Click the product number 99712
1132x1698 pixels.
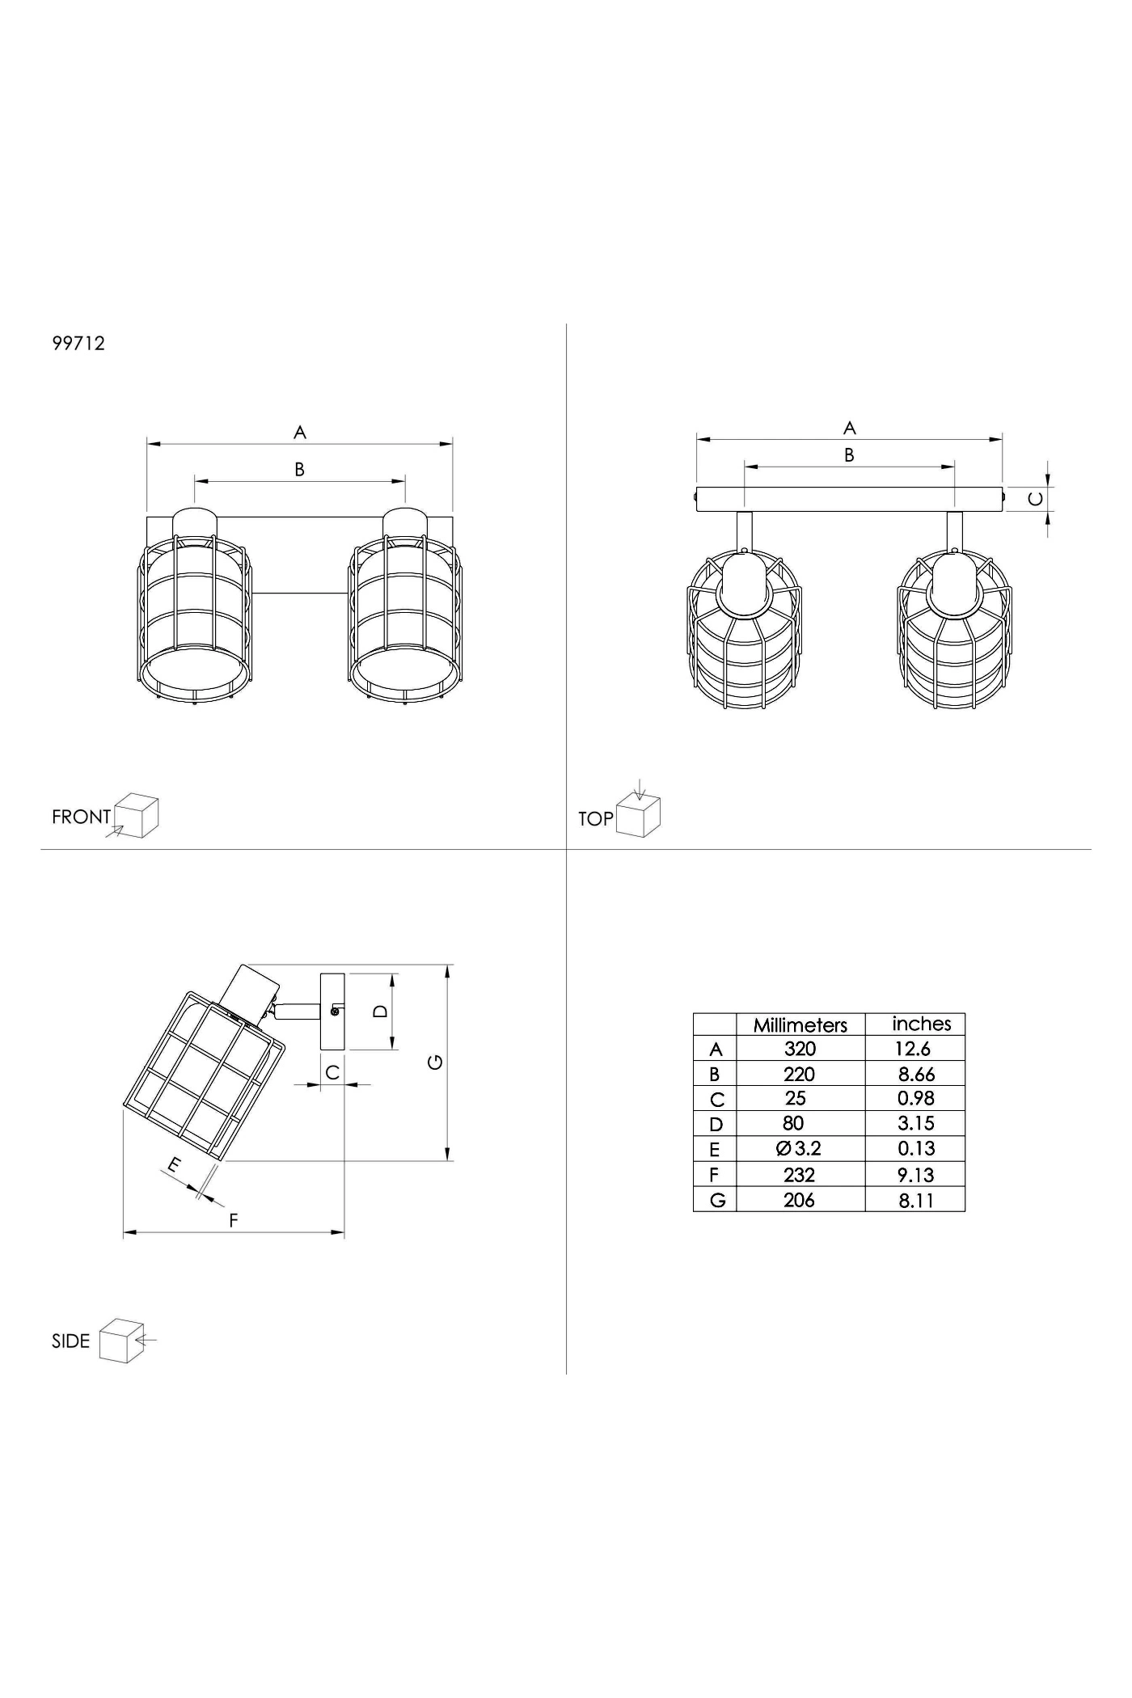tap(78, 343)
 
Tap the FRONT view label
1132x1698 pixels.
tap(81, 817)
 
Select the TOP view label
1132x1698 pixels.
tap(596, 819)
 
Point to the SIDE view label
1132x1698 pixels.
tap(70, 1341)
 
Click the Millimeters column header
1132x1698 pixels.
tap(800, 1024)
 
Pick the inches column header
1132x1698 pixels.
tap(921, 1024)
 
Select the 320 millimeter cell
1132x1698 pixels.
tap(800, 1049)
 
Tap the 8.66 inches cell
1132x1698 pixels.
tap(916, 1074)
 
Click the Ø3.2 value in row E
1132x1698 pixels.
tap(798, 1148)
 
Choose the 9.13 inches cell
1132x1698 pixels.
tap(915, 1174)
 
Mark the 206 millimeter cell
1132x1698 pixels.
tap(799, 1200)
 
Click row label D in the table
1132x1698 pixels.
tap(715, 1124)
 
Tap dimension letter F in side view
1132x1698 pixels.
tap(234, 1220)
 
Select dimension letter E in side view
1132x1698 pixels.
tap(172, 1166)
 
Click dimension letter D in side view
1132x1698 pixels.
tap(382, 1011)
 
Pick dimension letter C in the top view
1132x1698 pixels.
tap(1035, 499)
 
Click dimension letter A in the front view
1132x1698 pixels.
tap(300, 433)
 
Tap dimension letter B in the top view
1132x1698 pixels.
tap(849, 455)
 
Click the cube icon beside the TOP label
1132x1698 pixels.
tap(639, 815)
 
